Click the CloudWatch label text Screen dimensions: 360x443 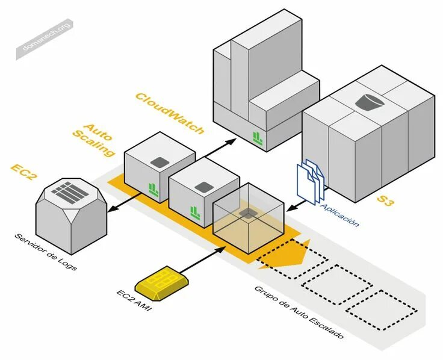[x=169, y=113]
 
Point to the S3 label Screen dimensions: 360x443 [x=385, y=200]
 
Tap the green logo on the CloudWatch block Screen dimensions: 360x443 [x=258, y=138]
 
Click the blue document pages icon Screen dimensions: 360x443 [x=311, y=180]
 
